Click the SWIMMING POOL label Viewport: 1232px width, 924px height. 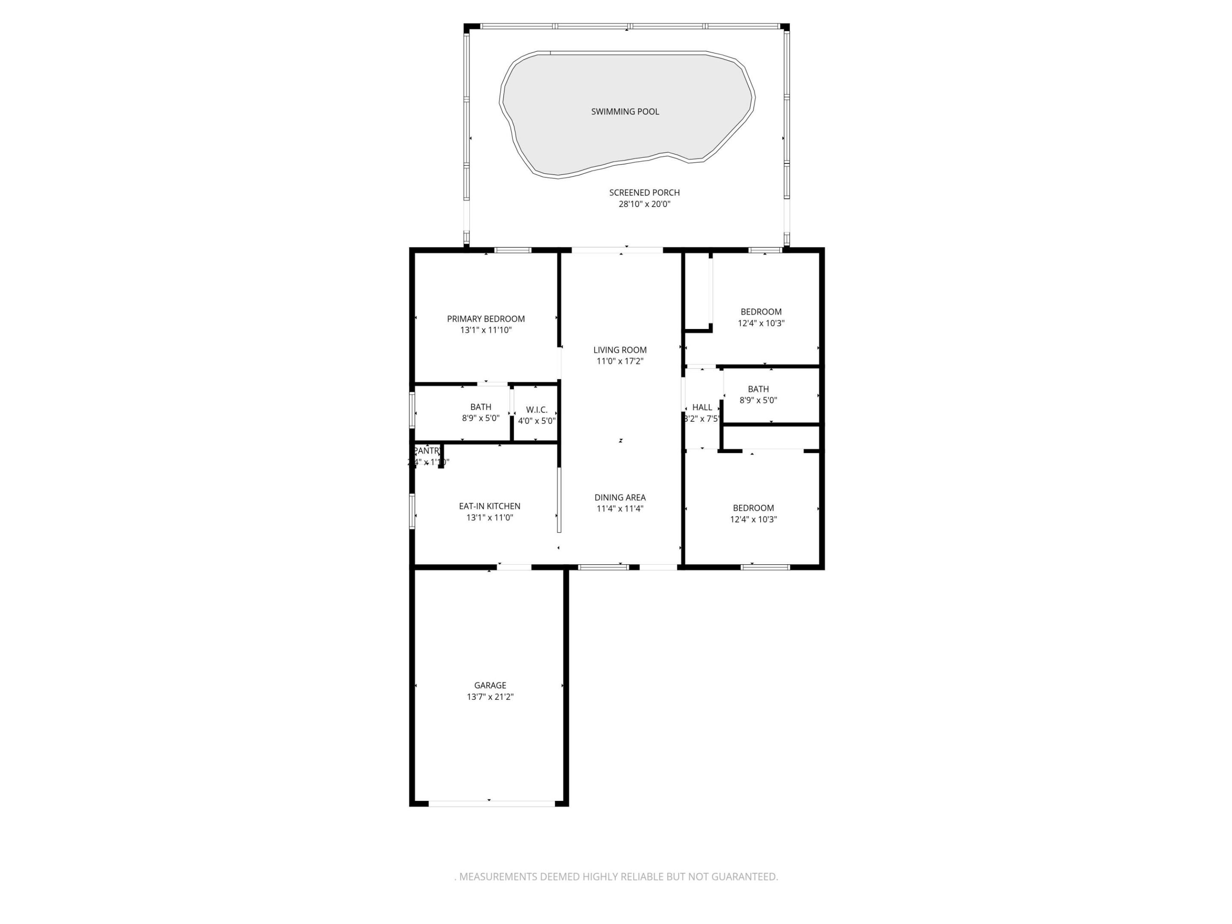tap(625, 111)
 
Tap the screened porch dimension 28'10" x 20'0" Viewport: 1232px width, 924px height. tap(644, 204)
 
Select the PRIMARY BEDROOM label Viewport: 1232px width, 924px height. tap(486, 319)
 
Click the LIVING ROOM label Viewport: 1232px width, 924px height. tap(620, 350)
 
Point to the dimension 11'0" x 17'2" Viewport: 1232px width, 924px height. tap(620, 361)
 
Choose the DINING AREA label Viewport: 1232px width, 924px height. tap(620, 498)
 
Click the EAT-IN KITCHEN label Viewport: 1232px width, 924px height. tap(489, 506)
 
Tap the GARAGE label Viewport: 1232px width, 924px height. tap(490, 685)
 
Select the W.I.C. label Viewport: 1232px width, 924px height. tap(537, 409)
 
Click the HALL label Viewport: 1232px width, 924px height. tap(702, 407)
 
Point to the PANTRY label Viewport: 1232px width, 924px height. tap(427, 450)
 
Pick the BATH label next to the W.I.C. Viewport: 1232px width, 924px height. tap(481, 406)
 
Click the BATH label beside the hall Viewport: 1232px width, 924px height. tap(758, 389)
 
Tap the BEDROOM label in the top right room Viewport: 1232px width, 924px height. tap(761, 311)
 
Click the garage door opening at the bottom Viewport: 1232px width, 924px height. tap(491, 803)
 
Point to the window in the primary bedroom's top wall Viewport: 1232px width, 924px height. tap(513, 250)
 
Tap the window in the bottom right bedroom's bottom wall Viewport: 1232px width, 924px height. tap(765, 567)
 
